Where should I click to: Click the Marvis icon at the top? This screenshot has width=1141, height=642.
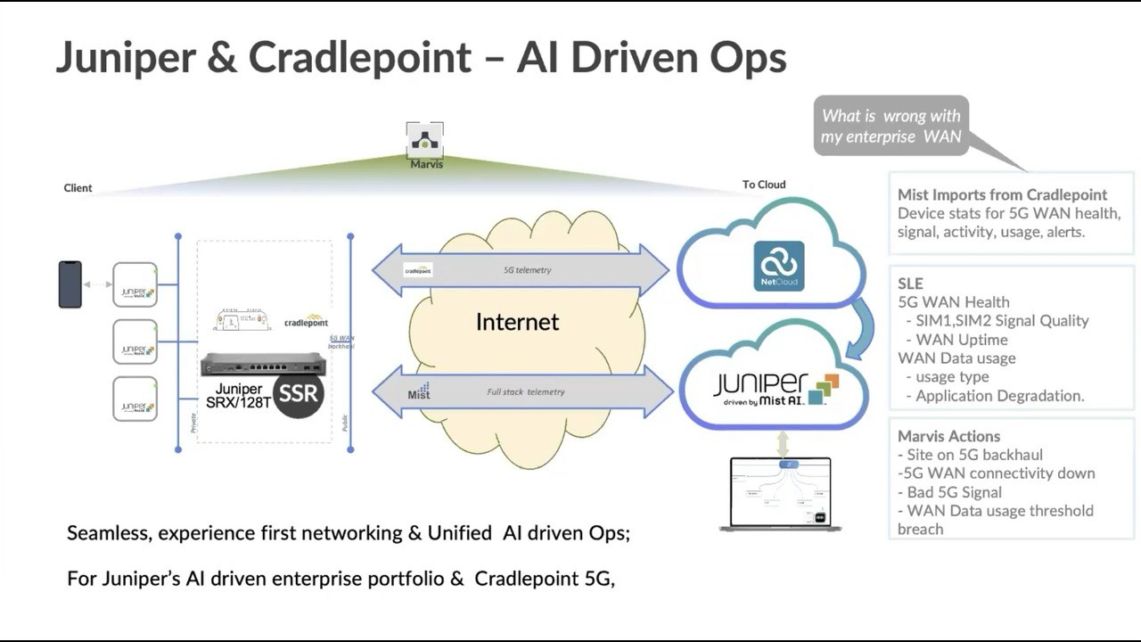424,140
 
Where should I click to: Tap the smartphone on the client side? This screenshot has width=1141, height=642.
70,284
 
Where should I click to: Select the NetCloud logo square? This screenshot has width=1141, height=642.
778,266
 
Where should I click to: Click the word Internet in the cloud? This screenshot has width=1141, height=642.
517,322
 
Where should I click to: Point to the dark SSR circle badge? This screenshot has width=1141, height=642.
297,392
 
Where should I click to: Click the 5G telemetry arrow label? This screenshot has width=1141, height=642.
528,270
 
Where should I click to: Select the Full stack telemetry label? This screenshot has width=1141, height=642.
525,392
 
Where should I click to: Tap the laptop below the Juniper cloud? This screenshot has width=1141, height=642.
780,494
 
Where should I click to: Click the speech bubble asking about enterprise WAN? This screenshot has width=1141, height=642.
891,126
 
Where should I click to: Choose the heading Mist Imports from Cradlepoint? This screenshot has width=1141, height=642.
1002,194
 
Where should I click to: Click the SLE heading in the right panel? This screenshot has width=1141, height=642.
910,284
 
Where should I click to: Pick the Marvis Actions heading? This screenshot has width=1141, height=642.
948,436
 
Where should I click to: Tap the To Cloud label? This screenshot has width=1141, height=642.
764,185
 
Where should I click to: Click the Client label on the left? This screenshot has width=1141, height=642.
78,188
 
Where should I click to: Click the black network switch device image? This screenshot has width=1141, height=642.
263,364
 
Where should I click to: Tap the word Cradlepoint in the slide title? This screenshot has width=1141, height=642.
359,58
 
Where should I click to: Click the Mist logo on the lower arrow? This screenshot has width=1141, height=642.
419,391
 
